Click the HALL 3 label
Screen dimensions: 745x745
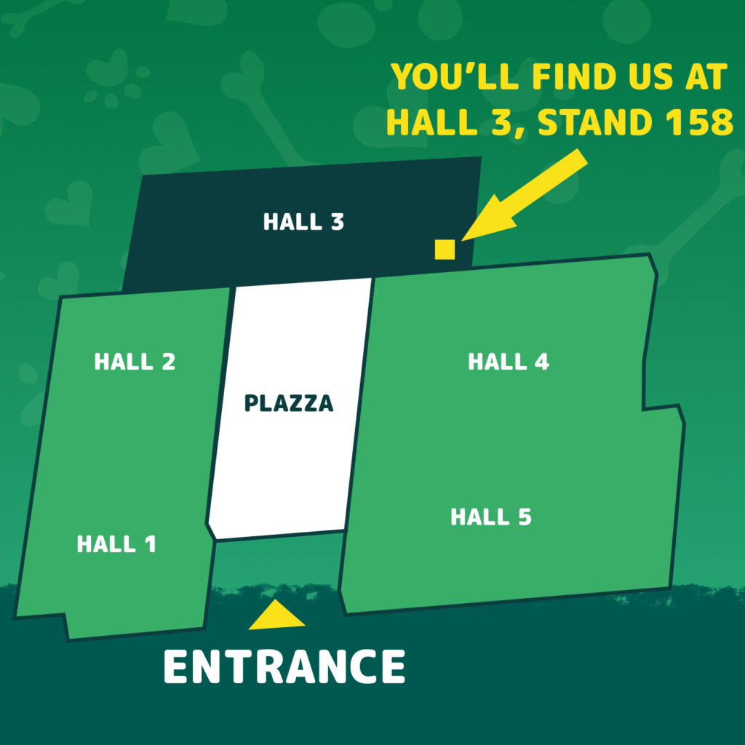(303, 222)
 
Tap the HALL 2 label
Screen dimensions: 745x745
(135, 362)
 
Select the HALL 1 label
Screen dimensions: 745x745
(116, 544)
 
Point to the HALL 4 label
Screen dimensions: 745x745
(509, 362)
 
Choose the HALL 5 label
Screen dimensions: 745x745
(491, 517)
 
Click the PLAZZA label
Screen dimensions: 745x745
(289, 403)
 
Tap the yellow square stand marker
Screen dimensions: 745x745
(445, 249)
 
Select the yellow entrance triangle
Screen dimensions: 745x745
(276, 615)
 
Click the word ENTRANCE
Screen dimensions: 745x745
(284, 666)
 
